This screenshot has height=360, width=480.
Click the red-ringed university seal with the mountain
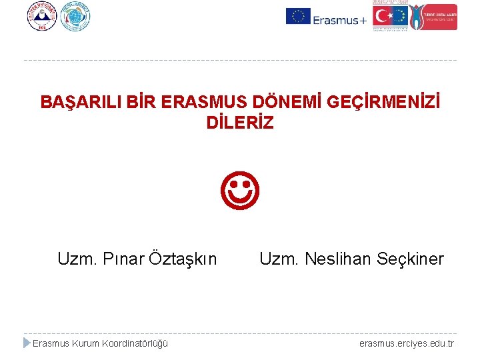point(43,17)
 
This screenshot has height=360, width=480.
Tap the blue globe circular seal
point(75,17)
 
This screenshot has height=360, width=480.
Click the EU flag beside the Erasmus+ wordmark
point(298,16)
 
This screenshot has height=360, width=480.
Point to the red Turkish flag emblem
point(382,16)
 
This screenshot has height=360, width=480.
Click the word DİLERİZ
point(240,123)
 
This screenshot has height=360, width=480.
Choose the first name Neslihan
point(336,259)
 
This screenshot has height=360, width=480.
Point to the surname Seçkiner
point(408,259)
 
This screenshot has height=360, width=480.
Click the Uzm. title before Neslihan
point(278,259)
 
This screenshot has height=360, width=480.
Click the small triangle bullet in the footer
point(27,343)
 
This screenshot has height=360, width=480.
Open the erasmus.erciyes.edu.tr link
point(406,343)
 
